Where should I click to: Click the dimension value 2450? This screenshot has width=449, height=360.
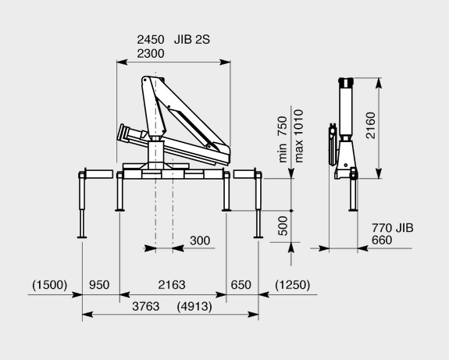pyautogui.click(x=151, y=40)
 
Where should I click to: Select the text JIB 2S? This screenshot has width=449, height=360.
pyautogui.click(x=192, y=40)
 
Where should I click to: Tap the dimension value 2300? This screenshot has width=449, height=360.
pyautogui.click(x=151, y=54)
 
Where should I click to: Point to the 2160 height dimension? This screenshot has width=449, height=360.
pyautogui.click(x=371, y=126)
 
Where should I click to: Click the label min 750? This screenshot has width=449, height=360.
pyautogui.click(x=283, y=139)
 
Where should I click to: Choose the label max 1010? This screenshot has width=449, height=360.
pyautogui.click(x=298, y=136)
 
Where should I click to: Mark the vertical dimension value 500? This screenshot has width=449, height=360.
pyautogui.click(x=283, y=226)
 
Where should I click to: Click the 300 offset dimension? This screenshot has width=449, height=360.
pyautogui.click(x=200, y=241)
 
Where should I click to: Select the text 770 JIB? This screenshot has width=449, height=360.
pyautogui.click(x=393, y=228)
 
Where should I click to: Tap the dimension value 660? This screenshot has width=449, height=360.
pyautogui.click(x=382, y=240)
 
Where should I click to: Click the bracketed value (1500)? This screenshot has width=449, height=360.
pyautogui.click(x=49, y=285)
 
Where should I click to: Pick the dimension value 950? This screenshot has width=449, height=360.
pyautogui.click(x=99, y=285)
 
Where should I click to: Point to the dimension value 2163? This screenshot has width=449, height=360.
pyautogui.click(x=172, y=285)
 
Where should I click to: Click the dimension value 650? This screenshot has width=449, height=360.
pyautogui.click(x=241, y=285)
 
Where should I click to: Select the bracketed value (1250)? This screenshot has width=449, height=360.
pyautogui.click(x=292, y=285)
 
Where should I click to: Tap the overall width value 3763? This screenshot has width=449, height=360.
pyautogui.click(x=146, y=307)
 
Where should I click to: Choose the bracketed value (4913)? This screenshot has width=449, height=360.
pyautogui.click(x=194, y=307)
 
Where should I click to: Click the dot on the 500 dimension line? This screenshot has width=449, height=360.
pyautogui.click(x=291, y=211)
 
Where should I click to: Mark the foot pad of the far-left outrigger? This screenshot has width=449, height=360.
pyautogui.click(x=82, y=237)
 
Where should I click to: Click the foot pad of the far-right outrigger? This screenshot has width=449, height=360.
pyautogui.click(x=258, y=237)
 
